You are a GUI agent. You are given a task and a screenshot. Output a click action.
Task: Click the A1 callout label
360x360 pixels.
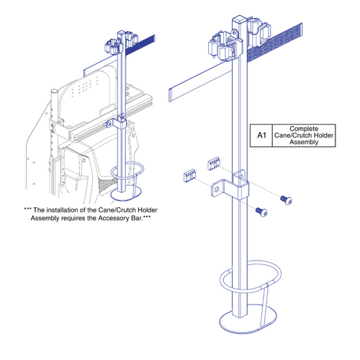[x=260, y=134]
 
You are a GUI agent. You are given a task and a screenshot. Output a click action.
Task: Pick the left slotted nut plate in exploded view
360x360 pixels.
[x=188, y=176]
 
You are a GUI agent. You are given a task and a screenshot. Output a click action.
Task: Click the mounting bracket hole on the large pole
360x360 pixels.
[x=240, y=174]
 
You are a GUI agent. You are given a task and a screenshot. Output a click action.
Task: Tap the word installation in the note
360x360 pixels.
[x=67, y=209]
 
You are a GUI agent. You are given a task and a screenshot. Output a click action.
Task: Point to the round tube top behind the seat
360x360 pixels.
[x=54, y=93]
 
